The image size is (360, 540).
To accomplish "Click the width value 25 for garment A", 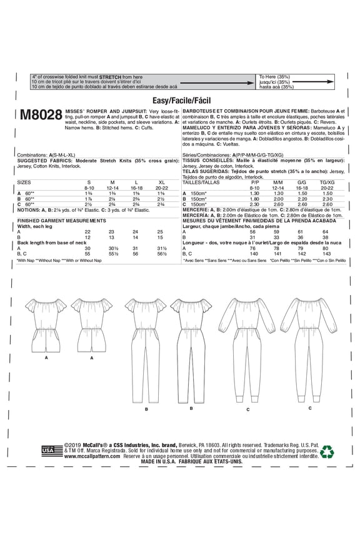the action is click(x=160, y=231).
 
